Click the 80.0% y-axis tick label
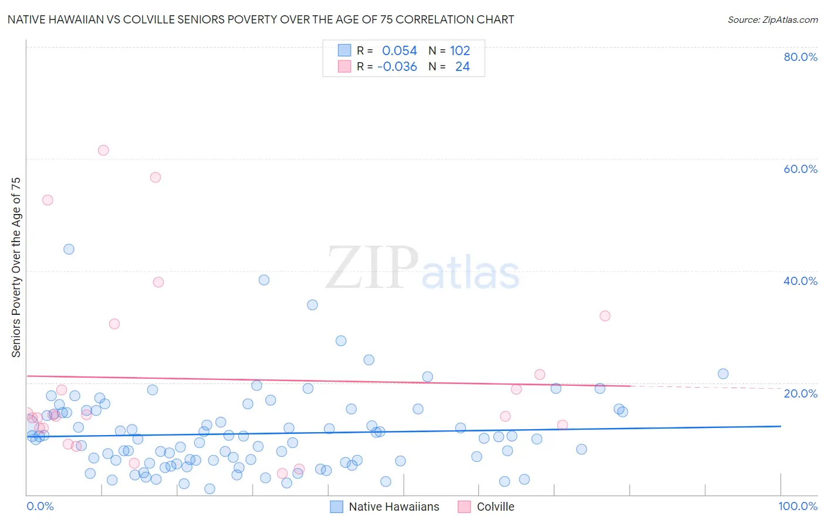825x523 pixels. point(800,57)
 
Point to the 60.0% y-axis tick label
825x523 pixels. point(800,169)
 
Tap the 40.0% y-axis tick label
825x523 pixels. point(800,281)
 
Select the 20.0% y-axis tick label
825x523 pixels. point(800,393)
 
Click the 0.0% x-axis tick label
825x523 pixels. point(40,506)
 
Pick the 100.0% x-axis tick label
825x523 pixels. point(797,506)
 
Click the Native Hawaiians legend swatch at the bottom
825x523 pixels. point(336,507)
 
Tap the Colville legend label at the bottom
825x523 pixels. point(495,507)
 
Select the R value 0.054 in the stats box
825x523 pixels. point(399,51)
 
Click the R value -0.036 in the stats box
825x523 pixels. point(397,67)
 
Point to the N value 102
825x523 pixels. point(460,51)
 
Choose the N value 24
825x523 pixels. point(462,67)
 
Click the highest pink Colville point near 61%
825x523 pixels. point(103,150)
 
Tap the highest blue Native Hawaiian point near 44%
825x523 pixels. point(69,249)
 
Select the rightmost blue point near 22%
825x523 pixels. point(723,374)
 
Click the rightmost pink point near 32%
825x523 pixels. point(605,316)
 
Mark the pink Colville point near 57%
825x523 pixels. point(155,177)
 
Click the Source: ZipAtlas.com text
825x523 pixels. point(772,20)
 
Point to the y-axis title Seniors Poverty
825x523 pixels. point(16,267)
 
